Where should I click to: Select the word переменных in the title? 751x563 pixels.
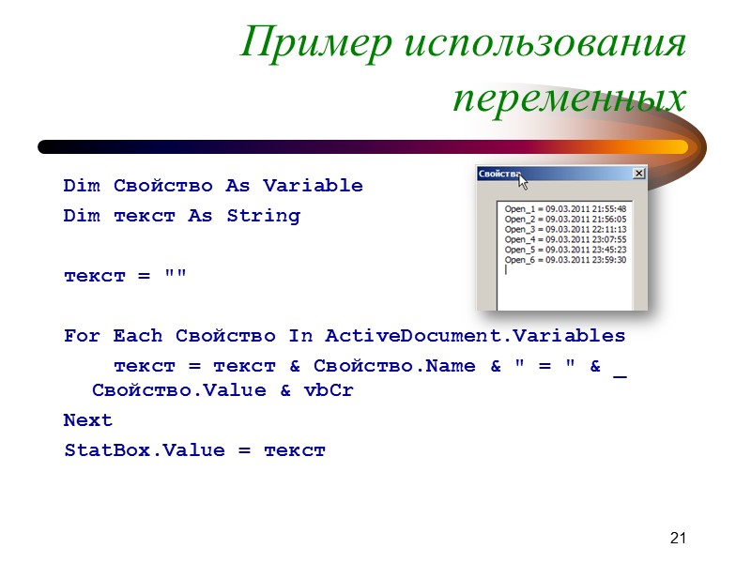pos(569,97)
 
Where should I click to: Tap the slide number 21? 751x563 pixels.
pos(679,538)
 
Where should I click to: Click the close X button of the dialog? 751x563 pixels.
pos(639,174)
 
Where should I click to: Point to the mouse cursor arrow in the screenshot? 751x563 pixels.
pos(523,180)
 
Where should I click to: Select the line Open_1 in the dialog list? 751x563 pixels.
pos(565,208)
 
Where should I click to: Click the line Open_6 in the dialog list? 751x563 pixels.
pos(565,260)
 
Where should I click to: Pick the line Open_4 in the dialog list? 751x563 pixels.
pos(565,239)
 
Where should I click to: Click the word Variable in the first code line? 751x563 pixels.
pos(313,186)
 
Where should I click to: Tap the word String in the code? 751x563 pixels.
pos(263,216)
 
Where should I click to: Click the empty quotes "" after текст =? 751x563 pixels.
pos(175,276)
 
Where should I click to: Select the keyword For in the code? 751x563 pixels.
pos(83,336)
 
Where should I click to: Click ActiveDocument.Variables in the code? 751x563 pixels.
pos(475,336)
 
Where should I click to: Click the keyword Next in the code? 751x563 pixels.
pos(88,420)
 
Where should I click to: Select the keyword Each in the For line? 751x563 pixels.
pos(138,336)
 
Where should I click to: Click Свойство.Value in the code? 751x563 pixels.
pos(179,390)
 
